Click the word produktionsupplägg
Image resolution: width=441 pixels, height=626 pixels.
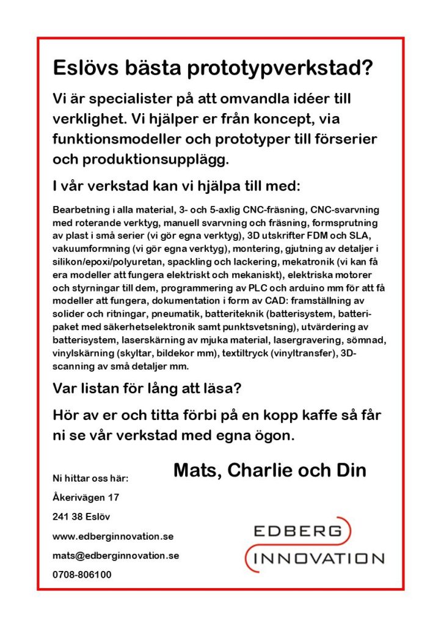coord(153,160)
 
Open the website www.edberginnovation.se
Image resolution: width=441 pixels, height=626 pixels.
coord(114,536)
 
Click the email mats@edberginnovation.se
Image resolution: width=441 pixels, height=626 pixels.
coord(116,556)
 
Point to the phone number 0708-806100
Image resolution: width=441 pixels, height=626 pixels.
coord(82,575)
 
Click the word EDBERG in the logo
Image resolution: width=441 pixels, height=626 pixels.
coord(297,531)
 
